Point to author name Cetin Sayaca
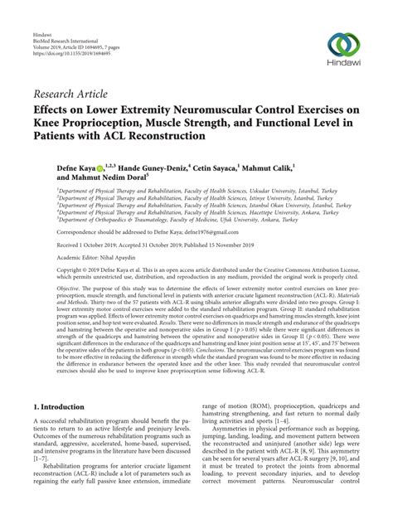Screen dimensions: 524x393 click(213, 167)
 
